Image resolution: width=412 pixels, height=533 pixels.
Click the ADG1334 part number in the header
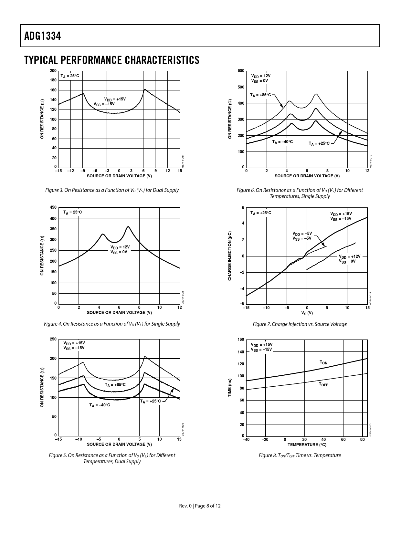42,36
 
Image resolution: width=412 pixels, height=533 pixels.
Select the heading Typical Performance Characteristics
111,60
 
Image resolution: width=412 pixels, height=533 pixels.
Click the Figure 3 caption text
112,190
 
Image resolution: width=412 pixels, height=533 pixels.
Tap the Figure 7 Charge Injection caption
300,324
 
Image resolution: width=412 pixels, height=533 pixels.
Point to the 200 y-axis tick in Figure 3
53,71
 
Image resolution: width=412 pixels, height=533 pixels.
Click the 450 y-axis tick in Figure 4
53,207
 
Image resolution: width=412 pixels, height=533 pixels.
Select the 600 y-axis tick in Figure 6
241,71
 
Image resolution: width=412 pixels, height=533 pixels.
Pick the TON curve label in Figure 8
323,362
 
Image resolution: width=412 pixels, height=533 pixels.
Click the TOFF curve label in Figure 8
323,384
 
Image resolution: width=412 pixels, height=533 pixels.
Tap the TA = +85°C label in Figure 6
260,95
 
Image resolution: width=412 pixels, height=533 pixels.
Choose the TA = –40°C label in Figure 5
100,405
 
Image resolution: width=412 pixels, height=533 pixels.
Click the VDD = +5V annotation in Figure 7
302,234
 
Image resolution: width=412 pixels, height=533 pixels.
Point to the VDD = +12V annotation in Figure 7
349,256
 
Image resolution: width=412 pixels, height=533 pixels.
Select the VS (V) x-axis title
307,313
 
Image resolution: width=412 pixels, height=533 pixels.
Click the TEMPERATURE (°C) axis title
307,445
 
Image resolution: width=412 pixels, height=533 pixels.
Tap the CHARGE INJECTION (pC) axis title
230,256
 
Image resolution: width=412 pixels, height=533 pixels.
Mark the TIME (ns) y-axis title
230,388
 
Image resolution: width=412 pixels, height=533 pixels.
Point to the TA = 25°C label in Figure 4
73,213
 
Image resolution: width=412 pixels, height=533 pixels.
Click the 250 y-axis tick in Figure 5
53,339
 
